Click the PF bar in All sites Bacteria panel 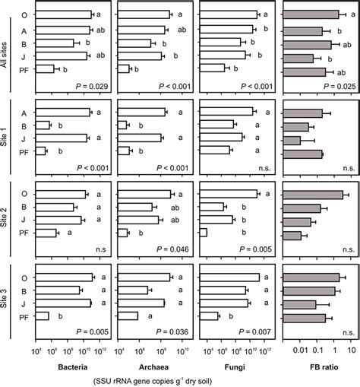click(46, 69)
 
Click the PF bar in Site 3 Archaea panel click(127, 316)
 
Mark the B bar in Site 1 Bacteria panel click(43, 125)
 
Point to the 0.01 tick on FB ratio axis click(302, 351)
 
